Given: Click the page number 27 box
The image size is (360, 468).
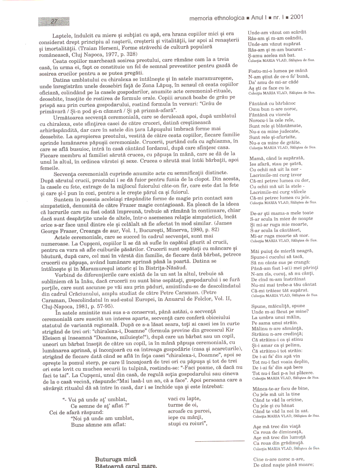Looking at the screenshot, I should coord(54,22).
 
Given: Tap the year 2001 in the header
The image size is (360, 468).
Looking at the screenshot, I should coord(297,17).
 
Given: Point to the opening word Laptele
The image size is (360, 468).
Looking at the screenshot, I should coord(62,36).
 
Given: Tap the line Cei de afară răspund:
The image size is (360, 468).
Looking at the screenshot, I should coord(76,412).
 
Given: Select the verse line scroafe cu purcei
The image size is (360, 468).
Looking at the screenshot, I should coord(189,411).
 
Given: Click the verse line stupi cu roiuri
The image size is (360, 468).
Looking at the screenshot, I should coord(187,424).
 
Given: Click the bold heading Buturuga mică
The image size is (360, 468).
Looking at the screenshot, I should coord(116,459).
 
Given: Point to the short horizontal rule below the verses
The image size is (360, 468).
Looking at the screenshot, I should coord(220,441).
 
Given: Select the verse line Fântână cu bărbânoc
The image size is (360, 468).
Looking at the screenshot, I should coord(272,103).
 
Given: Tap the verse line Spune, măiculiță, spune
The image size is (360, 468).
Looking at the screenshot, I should coord(278,306).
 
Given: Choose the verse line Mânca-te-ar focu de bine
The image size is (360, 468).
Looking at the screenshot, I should coord(281,389).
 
